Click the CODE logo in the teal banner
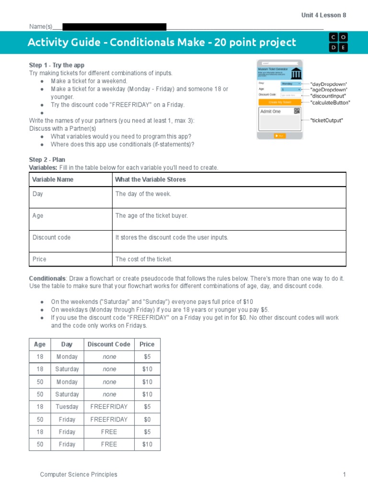338,43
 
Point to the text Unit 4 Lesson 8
323,15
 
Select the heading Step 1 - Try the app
57,65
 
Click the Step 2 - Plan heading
47,160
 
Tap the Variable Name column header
53,179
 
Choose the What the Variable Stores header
150,179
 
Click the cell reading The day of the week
143,194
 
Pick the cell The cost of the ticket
144,259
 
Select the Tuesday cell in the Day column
67,407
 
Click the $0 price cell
147,419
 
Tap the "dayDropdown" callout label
329,84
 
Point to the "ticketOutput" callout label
327,121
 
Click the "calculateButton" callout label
330,102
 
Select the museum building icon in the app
296,74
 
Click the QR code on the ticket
297,111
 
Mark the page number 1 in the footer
344,474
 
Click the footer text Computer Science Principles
78,474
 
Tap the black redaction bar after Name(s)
114,27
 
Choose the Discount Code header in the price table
109,344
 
